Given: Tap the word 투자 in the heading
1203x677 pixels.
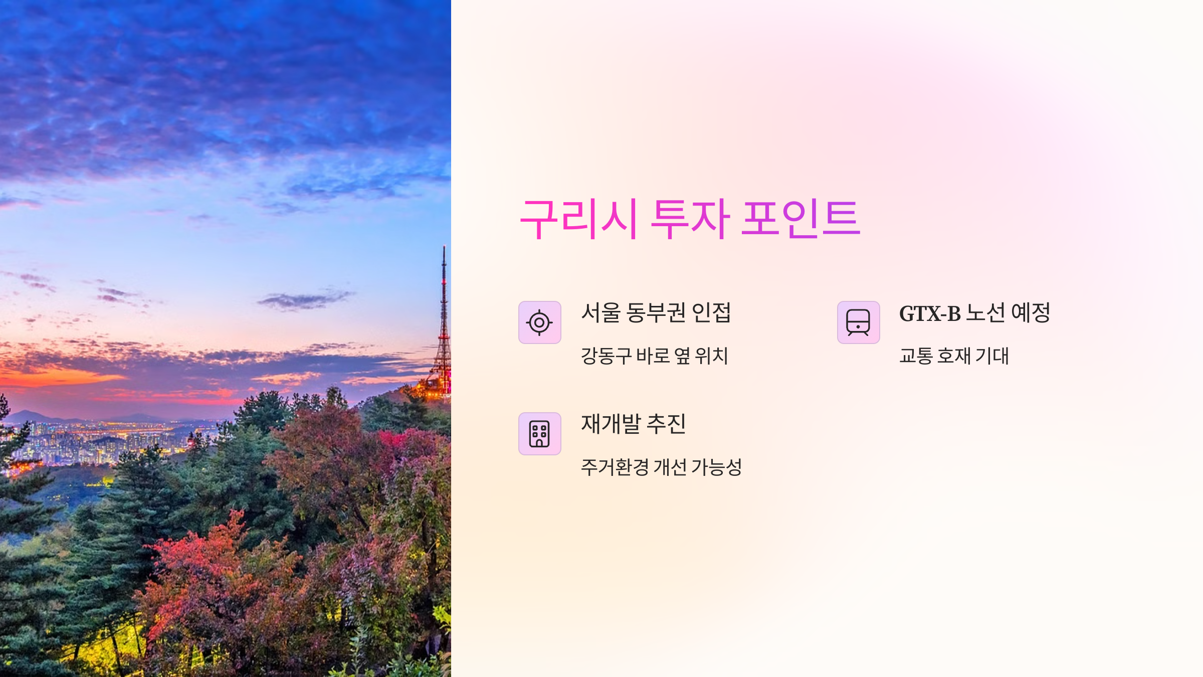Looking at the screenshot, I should click(x=690, y=219).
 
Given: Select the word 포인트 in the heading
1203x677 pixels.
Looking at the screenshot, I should click(x=800, y=219).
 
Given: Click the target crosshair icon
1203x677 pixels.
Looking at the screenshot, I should click(x=539, y=322).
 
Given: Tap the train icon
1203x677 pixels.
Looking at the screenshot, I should click(x=858, y=322).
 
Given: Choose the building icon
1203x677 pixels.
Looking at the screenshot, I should click(x=539, y=434).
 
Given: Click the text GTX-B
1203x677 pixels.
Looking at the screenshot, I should click(x=930, y=313).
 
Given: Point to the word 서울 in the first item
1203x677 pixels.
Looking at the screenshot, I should click(x=601, y=313).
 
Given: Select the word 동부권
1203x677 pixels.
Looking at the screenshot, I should click(x=656, y=313).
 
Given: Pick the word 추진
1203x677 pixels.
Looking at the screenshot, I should click(x=666, y=424).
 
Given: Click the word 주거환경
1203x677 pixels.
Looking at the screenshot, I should click(x=615, y=467).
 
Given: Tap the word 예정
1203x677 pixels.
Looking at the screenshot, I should click(x=1031, y=313).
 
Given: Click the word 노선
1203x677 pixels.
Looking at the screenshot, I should click(x=985, y=313).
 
